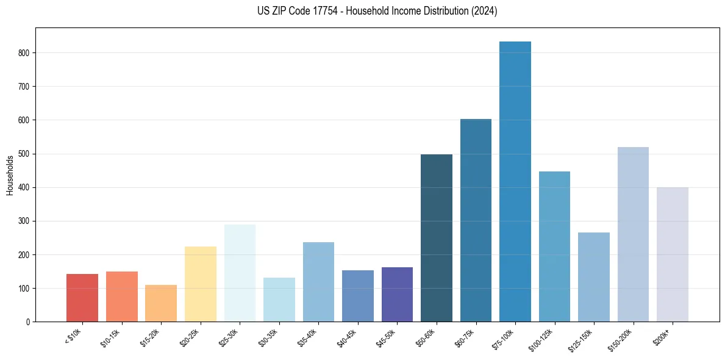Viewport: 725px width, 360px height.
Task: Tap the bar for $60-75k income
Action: [x=476, y=220]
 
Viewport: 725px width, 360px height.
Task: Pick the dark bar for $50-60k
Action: [x=437, y=238]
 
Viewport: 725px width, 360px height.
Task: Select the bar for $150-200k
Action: [x=633, y=234]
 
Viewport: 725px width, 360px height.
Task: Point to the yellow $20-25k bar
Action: [x=201, y=284]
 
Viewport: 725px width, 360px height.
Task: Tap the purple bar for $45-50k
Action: [x=397, y=294]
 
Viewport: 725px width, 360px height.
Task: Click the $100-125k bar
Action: [x=554, y=247]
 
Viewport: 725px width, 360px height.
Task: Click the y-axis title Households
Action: [x=10, y=175]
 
